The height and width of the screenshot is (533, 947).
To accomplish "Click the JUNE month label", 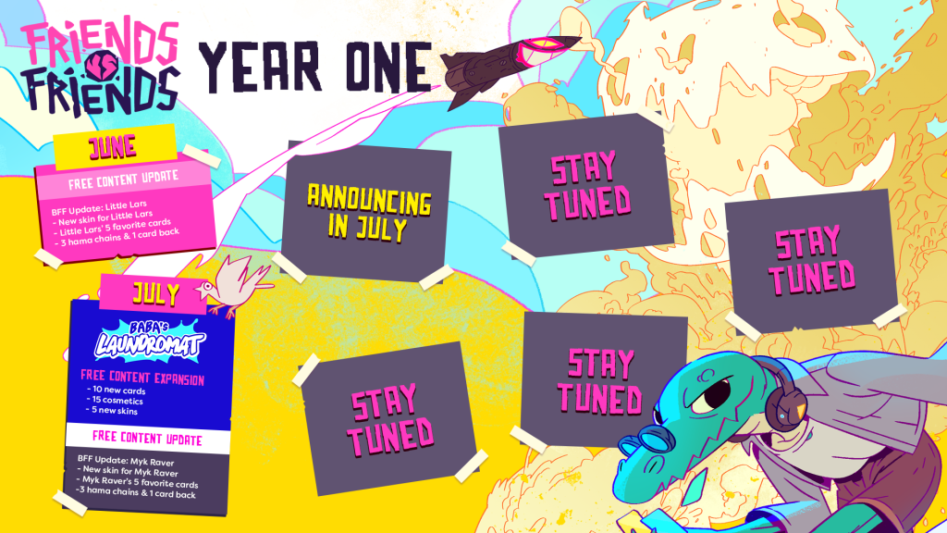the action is (x=112, y=147).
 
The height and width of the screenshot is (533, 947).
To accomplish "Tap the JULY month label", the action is (x=155, y=293).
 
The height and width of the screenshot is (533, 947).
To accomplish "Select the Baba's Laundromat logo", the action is (x=150, y=340).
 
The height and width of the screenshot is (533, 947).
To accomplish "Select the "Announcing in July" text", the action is (x=368, y=213).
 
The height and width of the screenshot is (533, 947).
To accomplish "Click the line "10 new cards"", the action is (x=117, y=390).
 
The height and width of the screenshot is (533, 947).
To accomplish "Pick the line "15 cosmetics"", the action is (x=117, y=400).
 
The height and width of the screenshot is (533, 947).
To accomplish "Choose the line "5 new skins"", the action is (x=114, y=410).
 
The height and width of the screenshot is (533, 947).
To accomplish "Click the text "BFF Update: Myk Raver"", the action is (x=126, y=461).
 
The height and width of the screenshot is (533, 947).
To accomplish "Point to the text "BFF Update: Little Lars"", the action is (x=99, y=208).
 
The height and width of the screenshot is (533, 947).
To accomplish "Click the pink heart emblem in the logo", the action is (x=102, y=66).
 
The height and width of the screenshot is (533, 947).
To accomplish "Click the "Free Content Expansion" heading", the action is (x=142, y=378).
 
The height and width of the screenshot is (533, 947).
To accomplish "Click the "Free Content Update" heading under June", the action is (x=123, y=180).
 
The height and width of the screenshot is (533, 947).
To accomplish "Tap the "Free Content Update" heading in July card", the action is (x=147, y=438).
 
